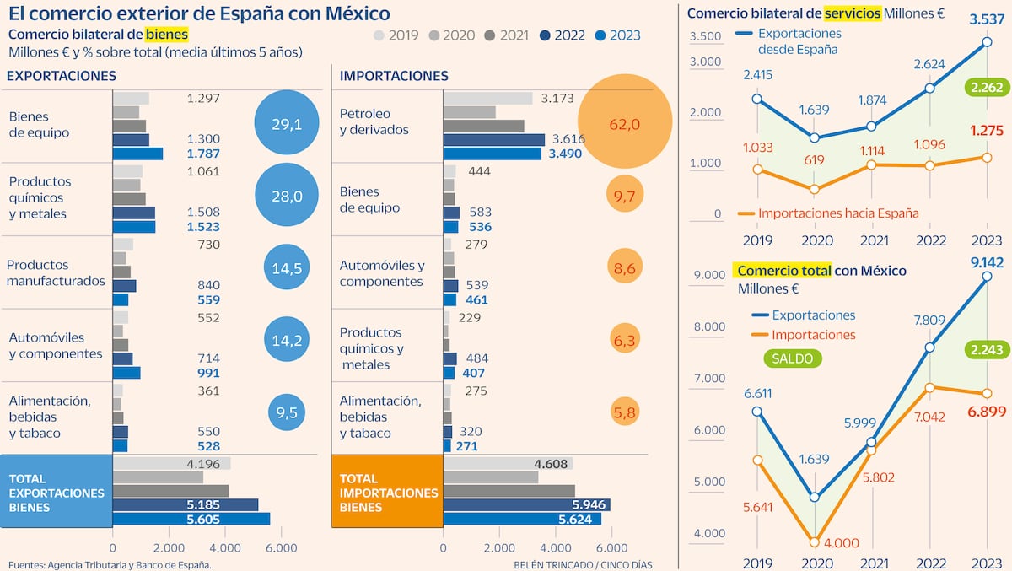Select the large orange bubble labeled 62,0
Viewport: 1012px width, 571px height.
[625, 123]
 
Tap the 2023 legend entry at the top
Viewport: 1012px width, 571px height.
[618, 35]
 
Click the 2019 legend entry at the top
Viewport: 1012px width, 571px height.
[396, 35]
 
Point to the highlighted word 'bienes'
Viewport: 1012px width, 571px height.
[167, 34]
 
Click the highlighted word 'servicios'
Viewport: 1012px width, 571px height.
[850, 13]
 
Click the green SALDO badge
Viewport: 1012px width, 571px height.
[792, 358]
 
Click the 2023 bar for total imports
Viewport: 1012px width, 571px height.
[522, 519]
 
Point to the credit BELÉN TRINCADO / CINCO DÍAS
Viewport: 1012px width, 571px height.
[583, 564]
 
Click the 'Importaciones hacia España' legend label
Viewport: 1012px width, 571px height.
[839, 213]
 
